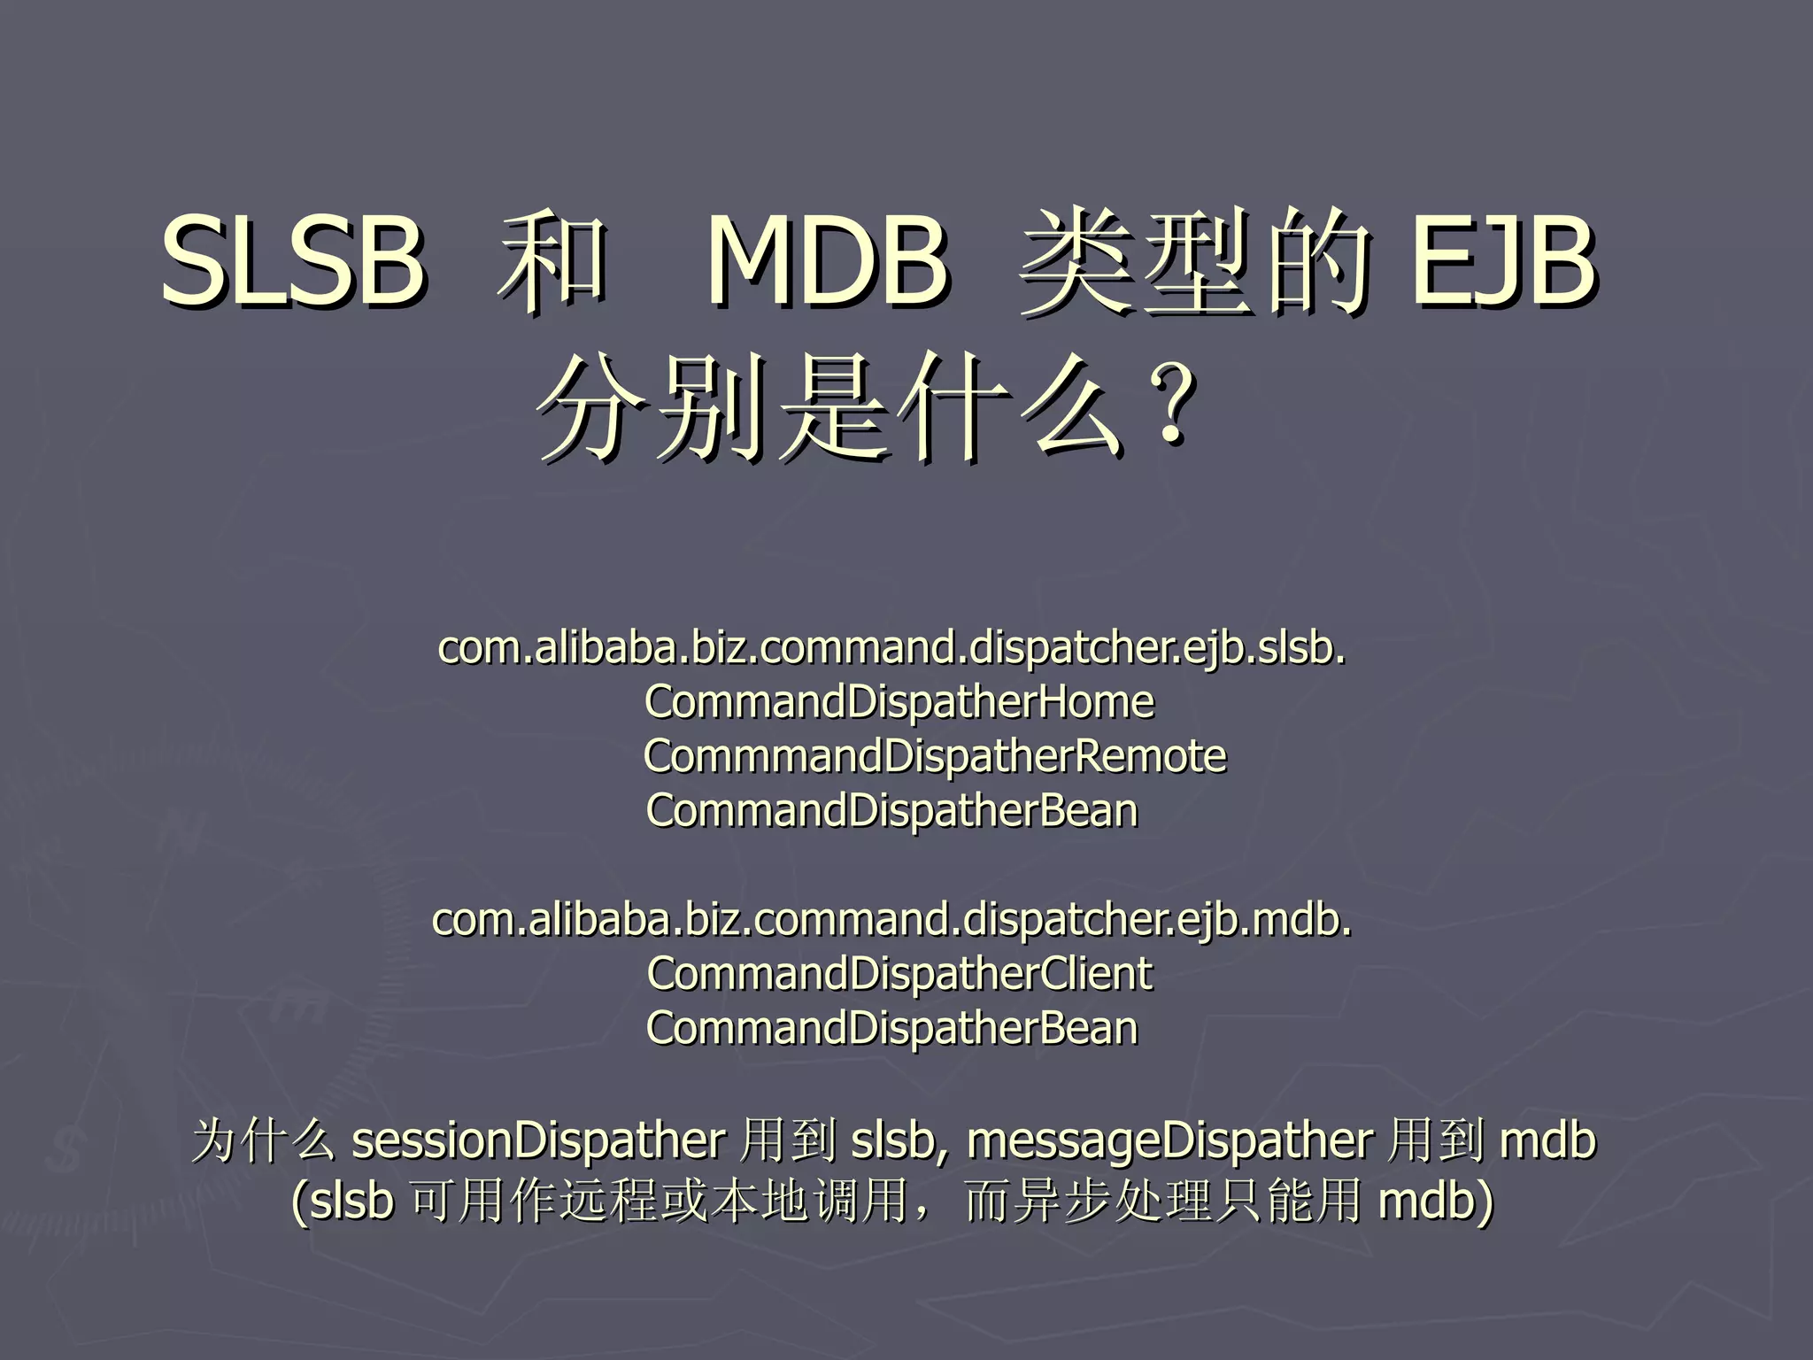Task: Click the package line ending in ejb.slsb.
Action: (891, 648)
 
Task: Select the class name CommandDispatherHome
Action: (899, 702)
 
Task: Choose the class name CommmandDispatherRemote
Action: (934, 756)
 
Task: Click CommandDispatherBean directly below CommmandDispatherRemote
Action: (891, 811)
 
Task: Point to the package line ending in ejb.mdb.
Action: (891, 920)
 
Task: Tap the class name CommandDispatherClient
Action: (899, 974)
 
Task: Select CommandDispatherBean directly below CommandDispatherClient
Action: (891, 1028)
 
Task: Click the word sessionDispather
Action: (538, 1140)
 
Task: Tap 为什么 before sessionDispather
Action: (264, 1140)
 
